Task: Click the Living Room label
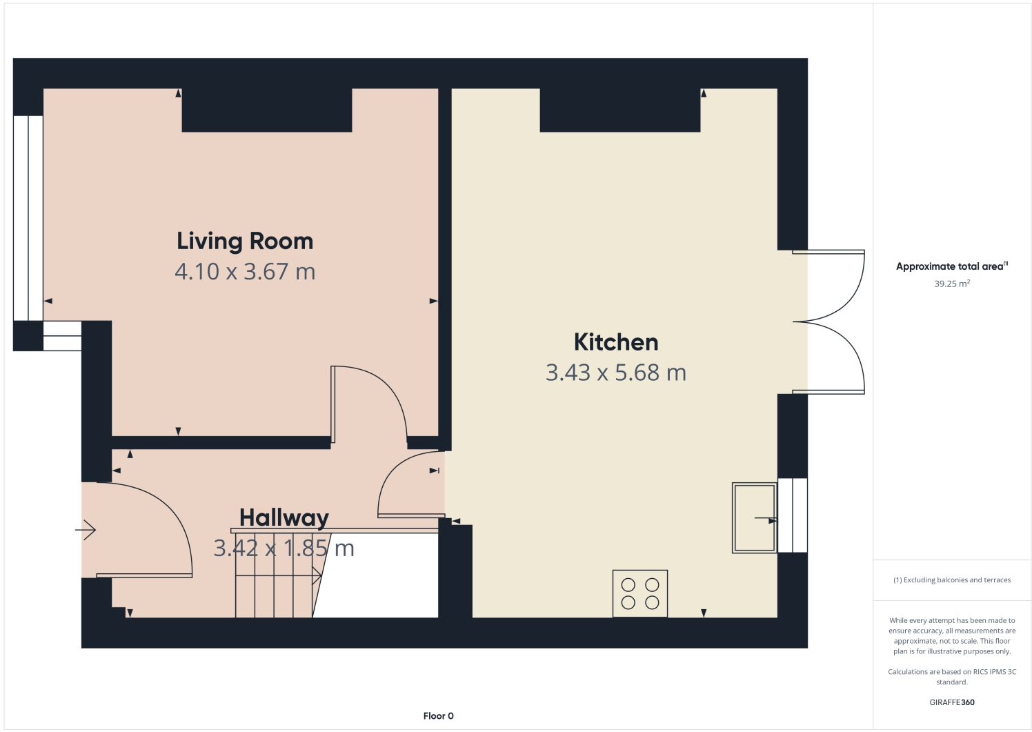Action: [x=245, y=241]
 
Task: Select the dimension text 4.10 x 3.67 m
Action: [x=245, y=271]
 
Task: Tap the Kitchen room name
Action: [x=615, y=342]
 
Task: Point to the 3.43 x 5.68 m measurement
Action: [x=615, y=373]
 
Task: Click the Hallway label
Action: [x=284, y=517]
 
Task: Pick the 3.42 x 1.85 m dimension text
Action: [x=284, y=548]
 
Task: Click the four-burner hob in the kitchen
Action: [x=639, y=593]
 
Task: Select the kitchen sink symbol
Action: [x=754, y=517]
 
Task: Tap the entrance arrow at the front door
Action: [x=86, y=530]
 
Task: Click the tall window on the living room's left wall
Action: [x=28, y=217]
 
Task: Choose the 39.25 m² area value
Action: [x=951, y=284]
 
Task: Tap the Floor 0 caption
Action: [x=438, y=715]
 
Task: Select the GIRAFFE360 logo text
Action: [x=951, y=702]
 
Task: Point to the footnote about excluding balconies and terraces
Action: [x=951, y=580]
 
